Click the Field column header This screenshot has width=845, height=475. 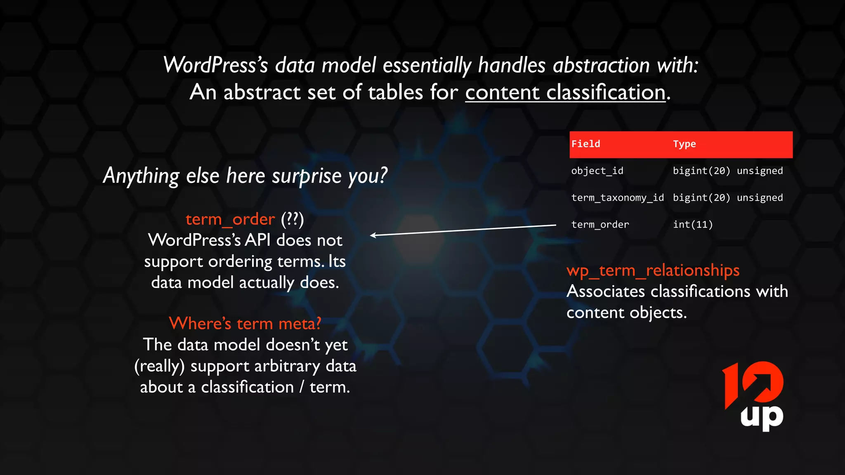coord(585,144)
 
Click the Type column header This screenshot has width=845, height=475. coord(684,144)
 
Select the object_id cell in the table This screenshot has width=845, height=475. coord(597,171)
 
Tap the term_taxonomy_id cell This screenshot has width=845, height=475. coord(617,198)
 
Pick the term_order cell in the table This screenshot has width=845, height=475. coord(600,225)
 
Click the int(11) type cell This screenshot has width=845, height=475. coord(693,225)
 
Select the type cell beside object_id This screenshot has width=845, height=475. coord(727,171)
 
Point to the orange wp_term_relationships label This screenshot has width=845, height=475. coord(653,270)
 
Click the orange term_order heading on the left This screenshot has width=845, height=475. coord(230,219)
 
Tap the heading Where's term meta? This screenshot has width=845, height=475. coord(245,324)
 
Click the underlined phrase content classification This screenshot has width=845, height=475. coord(565,92)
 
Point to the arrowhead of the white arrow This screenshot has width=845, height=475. coord(372,235)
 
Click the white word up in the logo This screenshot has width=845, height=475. coord(762,417)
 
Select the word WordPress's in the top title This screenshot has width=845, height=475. coord(216,66)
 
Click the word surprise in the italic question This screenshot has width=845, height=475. coord(307,176)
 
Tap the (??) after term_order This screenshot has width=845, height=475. coord(292,219)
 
